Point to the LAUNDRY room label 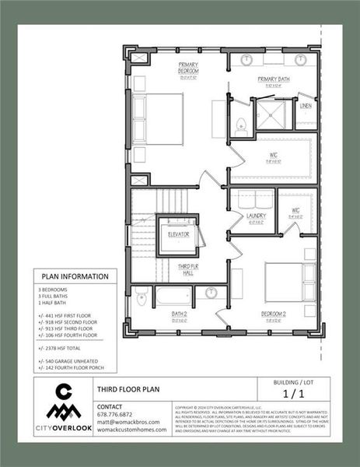[257, 216]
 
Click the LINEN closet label [306, 105]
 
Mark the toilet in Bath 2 [142, 297]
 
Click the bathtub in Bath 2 [173, 296]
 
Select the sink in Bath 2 [211, 293]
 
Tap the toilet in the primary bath [242, 123]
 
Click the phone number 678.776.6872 [115, 414]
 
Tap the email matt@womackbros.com [128, 422]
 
